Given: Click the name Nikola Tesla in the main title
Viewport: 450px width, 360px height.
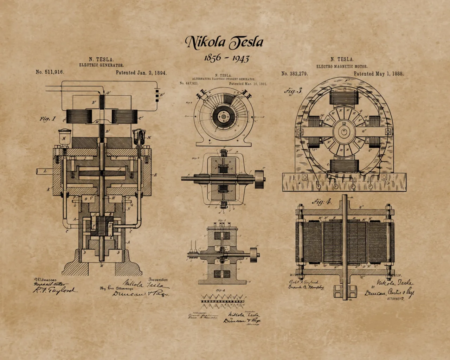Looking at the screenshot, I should point(224,42).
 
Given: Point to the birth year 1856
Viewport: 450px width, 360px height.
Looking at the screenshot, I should point(213,58).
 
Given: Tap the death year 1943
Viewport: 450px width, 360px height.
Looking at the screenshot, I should point(241,58).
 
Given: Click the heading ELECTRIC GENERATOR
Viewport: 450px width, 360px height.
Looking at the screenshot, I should point(101,65).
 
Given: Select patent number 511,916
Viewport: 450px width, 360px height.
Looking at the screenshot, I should point(50,72).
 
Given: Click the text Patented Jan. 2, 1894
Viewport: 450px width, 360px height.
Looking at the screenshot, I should point(141,73).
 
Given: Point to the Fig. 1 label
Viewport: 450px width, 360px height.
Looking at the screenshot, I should point(47,119).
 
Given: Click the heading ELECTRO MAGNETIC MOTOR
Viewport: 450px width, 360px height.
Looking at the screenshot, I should point(342,66).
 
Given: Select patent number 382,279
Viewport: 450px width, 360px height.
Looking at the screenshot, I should point(294,74).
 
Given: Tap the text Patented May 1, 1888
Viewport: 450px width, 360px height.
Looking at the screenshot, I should point(378,74).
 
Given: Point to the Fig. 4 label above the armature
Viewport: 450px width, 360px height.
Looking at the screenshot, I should point(322,202).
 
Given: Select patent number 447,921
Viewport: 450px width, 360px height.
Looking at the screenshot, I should point(189,84).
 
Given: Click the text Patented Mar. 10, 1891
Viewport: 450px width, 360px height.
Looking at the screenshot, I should point(248,84).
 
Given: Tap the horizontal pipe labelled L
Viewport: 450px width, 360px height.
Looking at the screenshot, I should point(44,172).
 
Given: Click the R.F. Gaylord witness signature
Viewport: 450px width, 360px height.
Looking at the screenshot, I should point(54,290).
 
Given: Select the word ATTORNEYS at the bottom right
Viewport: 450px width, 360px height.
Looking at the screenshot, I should point(396,298).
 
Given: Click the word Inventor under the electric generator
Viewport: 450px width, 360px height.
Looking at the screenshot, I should point(158,279).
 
